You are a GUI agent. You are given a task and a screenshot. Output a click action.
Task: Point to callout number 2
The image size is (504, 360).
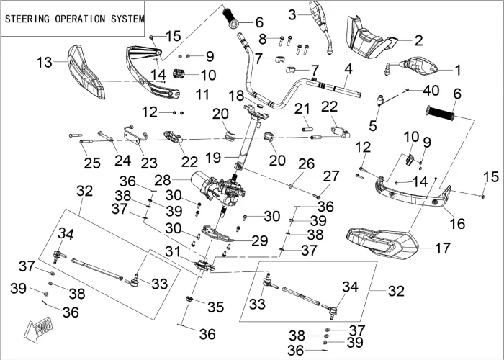[418, 40]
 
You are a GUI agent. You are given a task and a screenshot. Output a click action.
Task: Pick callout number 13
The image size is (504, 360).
[45, 63]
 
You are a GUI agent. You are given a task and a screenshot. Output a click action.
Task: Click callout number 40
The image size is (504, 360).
[430, 90]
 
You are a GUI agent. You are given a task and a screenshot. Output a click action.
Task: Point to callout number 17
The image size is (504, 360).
[442, 248]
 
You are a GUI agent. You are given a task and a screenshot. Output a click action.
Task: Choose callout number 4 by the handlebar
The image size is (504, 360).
[348, 69]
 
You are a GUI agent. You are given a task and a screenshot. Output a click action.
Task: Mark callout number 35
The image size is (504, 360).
[215, 307]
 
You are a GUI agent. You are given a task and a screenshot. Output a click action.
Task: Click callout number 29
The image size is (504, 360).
[259, 240]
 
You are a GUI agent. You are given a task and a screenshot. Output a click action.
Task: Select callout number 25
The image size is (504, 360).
[91, 163]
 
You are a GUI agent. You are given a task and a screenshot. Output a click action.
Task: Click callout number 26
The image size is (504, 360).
[306, 164]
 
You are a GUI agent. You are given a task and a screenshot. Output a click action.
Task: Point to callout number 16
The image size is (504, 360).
[457, 224]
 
